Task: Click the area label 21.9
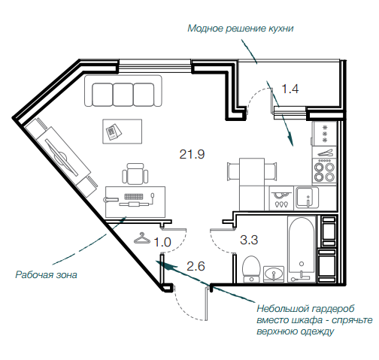[x=192, y=154]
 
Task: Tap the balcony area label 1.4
[x=290, y=89]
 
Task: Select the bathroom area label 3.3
[x=249, y=240]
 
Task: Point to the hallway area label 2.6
[x=196, y=266]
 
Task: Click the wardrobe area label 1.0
[x=162, y=242]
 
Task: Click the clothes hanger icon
[x=142, y=238]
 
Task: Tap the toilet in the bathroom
[x=251, y=269]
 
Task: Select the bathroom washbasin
[x=274, y=274]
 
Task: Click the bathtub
[x=302, y=249]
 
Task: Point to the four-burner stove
[x=324, y=171]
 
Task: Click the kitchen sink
[x=307, y=198]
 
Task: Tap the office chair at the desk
[x=135, y=174]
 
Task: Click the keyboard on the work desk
[x=134, y=196]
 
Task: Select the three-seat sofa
[x=123, y=91]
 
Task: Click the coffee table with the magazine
[x=123, y=132]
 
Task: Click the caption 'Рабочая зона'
[x=46, y=275]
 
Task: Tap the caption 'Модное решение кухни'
[x=241, y=29]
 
